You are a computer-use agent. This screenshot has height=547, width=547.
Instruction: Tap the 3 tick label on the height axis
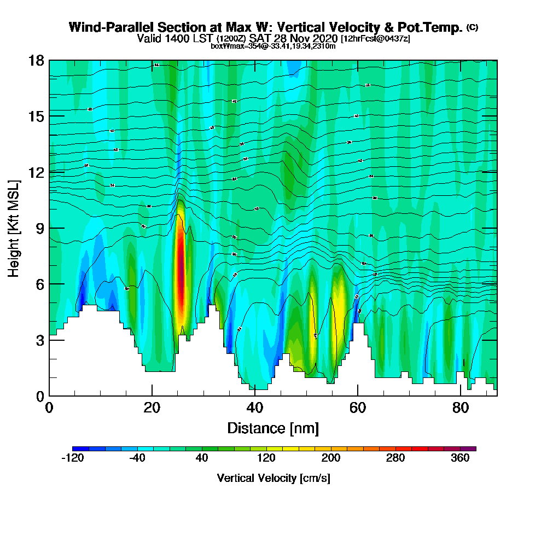[x=39, y=340]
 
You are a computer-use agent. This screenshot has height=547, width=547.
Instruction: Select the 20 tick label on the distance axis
[x=152, y=409]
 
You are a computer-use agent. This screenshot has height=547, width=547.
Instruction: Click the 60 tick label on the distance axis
[x=358, y=409]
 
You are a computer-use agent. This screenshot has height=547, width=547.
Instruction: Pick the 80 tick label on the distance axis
[x=461, y=409]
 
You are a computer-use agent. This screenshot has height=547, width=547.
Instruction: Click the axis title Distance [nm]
[x=273, y=428]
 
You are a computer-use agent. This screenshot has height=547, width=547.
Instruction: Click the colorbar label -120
[x=72, y=458]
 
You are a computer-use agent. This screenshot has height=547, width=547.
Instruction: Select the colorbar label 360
[x=461, y=458]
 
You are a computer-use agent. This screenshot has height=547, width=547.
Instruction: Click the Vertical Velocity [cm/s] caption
[x=273, y=478]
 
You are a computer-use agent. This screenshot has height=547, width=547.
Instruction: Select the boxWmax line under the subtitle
[x=273, y=46]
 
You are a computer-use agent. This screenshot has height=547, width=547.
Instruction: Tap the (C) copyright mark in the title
[x=472, y=27]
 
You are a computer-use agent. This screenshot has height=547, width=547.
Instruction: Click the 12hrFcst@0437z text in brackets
[x=375, y=39]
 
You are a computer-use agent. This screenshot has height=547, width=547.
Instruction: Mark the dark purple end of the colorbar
[x=472, y=449]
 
